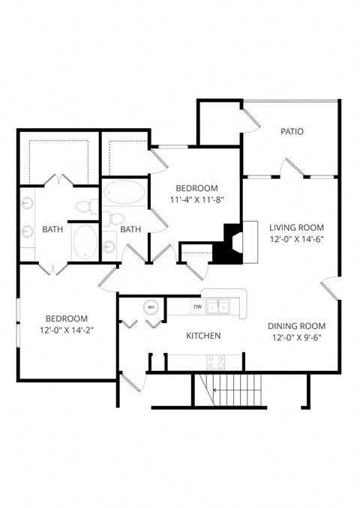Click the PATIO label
coord(292,131)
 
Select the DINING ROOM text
coord(296,326)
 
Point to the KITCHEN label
coord(203,336)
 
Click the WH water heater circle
coord(151,307)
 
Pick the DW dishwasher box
coord(197,306)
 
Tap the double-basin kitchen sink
coord(219,306)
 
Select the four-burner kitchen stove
coord(216,362)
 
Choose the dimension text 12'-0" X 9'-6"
coord(296,338)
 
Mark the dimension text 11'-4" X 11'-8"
coord(196,200)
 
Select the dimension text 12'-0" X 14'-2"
coord(67,329)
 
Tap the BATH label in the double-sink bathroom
coord(52,229)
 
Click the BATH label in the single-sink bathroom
coord(131,229)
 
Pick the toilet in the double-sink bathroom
coord(85,205)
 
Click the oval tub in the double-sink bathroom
coord(84,241)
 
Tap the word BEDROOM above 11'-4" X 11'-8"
coord(196,188)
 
